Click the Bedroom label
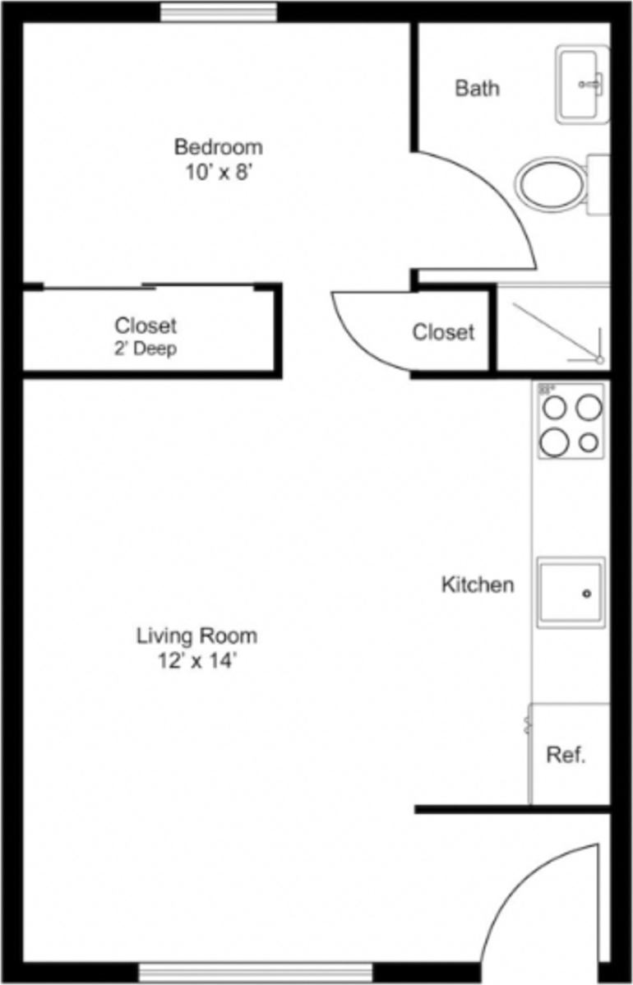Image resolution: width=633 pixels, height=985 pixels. tap(218, 147)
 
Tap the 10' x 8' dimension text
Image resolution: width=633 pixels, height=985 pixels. tap(218, 173)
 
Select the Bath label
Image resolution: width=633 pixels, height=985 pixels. tap(477, 88)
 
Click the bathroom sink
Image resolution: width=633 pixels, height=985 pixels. tap(582, 84)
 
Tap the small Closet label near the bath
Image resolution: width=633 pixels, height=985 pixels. tap(443, 332)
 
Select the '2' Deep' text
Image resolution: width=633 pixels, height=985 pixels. tap(146, 348)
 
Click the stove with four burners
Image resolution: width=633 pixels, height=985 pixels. tap(571, 421)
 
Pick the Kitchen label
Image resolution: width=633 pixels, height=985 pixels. tap(478, 585)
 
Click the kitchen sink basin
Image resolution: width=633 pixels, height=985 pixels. tap(571, 592)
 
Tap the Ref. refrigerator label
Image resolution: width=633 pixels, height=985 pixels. tap(566, 756)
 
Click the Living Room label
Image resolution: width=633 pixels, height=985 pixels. tap(196, 636)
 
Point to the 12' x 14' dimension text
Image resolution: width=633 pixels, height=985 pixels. tap(197, 662)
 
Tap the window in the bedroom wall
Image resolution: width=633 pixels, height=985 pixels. tap(218, 12)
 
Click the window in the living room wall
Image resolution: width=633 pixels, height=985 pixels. tap(255, 972)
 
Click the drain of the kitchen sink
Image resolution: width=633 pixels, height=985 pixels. tap(587, 594)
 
